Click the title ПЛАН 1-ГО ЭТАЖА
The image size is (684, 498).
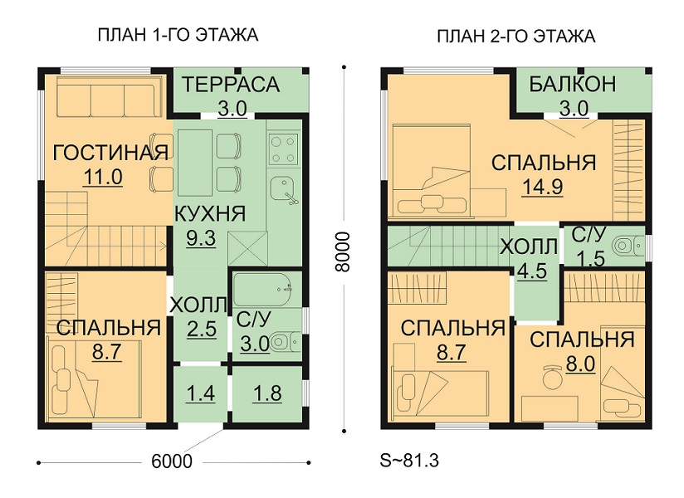tap(178, 35)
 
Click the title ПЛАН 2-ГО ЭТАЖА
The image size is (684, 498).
tap(516, 37)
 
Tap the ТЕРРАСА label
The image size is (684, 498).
tap(231, 85)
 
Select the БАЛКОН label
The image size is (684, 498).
tap(573, 84)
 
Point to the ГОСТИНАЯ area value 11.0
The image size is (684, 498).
tap(103, 178)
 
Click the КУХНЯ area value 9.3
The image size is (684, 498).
tap(201, 238)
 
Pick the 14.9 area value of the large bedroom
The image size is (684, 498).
tap(543, 187)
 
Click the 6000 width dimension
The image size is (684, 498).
tap(172, 461)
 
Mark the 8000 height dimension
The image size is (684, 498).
tap(344, 252)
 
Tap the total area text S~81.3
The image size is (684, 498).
tap(409, 461)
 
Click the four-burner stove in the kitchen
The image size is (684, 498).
tap(284, 149)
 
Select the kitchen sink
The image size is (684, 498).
tap(285, 190)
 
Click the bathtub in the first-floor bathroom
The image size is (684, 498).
tap(262, 290)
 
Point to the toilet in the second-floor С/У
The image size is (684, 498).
tap(628, 246)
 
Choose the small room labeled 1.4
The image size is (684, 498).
tap(201, 393)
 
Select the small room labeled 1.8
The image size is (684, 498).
tap(267, 393)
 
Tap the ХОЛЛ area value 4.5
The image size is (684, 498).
tap(531, 271)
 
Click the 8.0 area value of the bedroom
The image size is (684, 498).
tap(580, 364)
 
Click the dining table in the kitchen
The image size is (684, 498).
tap(195, 164)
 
